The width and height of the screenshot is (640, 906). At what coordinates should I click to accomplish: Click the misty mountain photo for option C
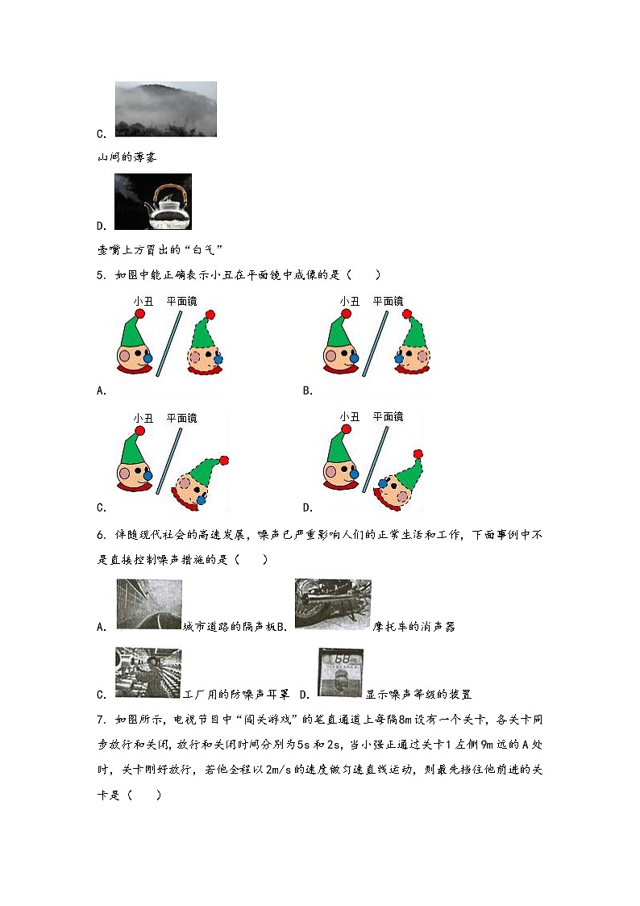(x=165, y=109)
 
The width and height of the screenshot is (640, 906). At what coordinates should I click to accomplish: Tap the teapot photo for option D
(x=153, y=202)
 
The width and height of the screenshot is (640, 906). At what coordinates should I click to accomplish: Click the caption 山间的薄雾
(x=127, y=157)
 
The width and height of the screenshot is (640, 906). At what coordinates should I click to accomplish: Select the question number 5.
(x=101, y=275)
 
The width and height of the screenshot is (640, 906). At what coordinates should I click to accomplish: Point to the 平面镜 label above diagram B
(x=388, y=301)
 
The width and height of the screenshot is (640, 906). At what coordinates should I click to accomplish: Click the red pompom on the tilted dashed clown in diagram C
(x=224, y=461)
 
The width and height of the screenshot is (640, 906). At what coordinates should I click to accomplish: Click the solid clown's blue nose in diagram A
(x=148, y=357)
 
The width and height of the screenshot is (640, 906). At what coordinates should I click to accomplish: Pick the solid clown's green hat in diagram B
(x=339, y=331)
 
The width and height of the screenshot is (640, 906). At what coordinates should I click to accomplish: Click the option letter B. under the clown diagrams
(x=307, y=391)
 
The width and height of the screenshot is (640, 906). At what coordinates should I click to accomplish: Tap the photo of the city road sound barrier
(x=148, y=604)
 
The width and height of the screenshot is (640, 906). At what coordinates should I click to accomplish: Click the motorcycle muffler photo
(x=333, y=604)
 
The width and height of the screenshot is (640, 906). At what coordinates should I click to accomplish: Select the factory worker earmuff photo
(x=148, y=672)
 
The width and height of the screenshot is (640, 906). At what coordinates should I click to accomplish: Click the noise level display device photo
(x=340, y=672)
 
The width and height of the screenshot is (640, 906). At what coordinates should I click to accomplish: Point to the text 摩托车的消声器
(x=414, y=627)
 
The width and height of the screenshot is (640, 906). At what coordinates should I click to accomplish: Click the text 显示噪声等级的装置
(x=418, y=695)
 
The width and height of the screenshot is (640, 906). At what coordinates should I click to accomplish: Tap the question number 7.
(x=101, y=719)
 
